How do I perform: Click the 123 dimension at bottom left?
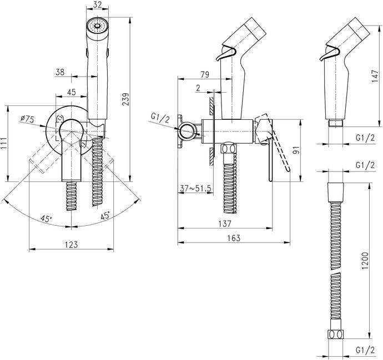click(x=71, y=245)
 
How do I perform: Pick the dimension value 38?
click(x=62, y=72)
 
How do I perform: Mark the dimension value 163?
click(x=234, y=238)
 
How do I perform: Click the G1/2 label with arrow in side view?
click(x=159, y=116)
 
